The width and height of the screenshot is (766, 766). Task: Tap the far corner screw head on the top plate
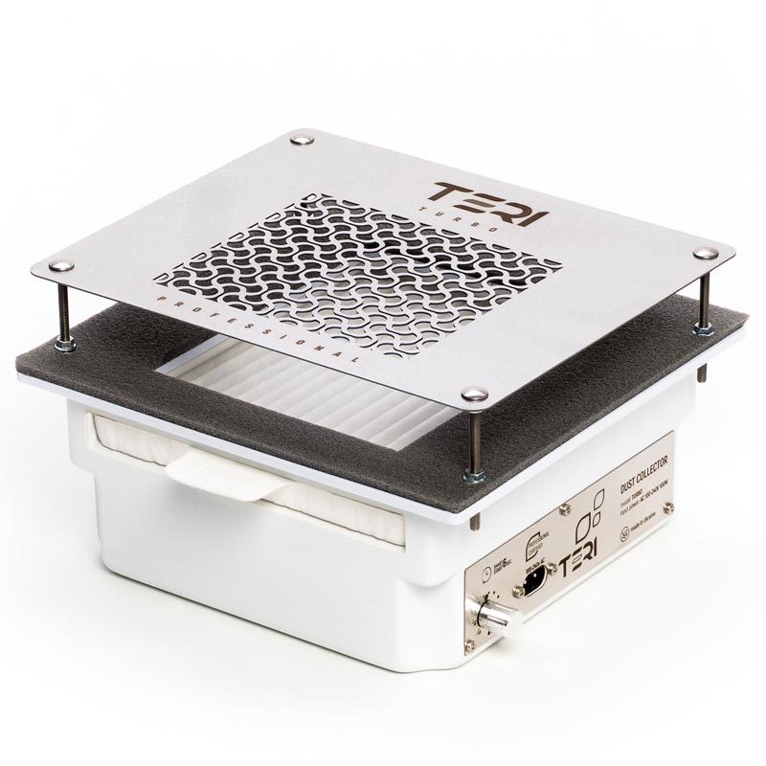[303, 140]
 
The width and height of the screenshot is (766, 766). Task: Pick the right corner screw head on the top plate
[706, 253]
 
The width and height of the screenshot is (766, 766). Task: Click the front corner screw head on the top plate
[473, 394]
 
